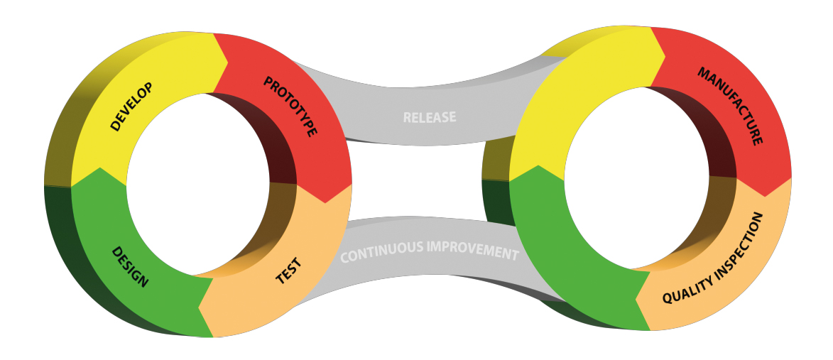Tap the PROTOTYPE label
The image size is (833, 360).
290,107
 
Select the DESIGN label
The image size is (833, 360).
130,267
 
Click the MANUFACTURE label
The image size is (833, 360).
729,107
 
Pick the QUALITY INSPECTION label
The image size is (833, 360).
713,259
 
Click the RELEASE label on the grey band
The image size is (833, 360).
430,116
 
